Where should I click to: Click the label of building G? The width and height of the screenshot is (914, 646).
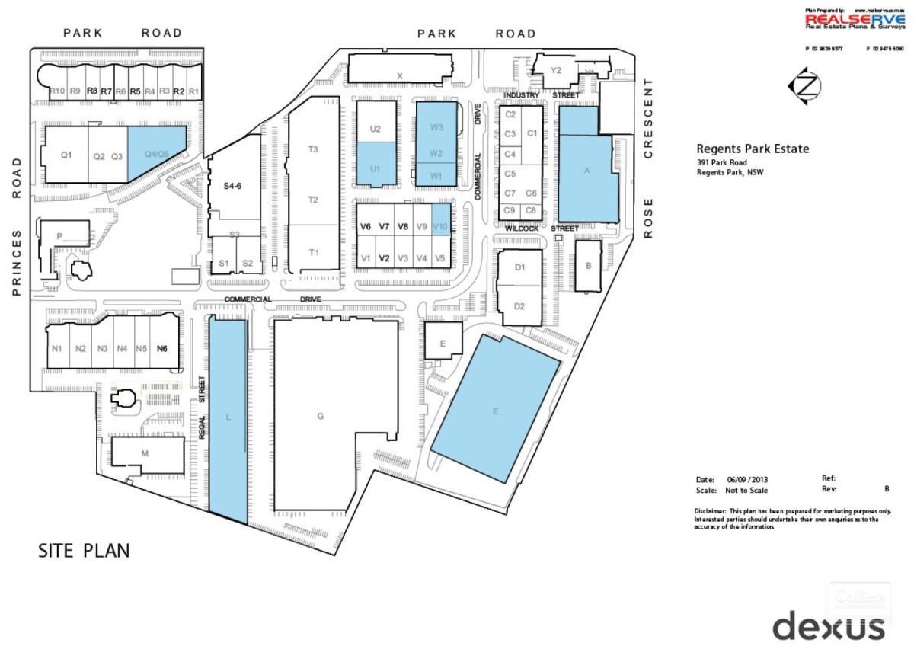point(321,416)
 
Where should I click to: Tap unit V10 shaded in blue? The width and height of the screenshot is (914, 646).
point(440,226)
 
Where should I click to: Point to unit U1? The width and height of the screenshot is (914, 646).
point(376,168)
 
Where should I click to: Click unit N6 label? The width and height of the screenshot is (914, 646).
point(161,349)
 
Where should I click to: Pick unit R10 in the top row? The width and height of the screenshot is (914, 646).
point(56,91)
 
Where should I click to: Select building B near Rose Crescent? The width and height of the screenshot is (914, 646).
point(588,266)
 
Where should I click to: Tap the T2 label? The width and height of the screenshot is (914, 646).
point(313,200)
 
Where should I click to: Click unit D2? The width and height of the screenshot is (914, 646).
point(519,306)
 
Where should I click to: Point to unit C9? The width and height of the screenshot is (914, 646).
point(510,210)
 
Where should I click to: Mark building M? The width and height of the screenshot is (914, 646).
point(145,453)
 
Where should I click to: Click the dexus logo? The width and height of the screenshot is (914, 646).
point(829,626)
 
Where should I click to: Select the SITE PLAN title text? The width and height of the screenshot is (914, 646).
point(84,551)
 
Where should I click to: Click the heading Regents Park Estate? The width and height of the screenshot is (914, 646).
point(753,149)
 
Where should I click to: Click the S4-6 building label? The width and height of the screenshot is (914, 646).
point(232,185)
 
